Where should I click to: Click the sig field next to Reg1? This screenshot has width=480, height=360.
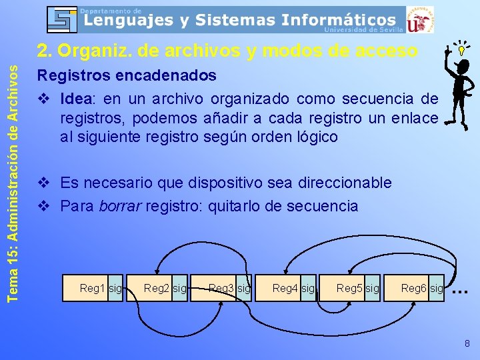tap(115, 288)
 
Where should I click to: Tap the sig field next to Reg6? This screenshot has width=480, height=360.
tap(437, 288)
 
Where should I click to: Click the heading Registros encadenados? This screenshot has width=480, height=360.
tap(127, 75)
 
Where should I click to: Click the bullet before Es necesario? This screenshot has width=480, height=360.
tap(44, 183)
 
